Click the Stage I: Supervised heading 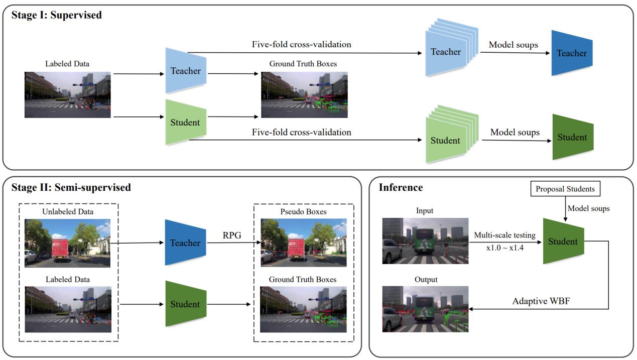point(56,15)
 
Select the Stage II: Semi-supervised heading point(71,188)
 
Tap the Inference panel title point(401,188)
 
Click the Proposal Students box point(565,189)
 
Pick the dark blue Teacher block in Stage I point(572,53)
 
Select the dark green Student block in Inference point(563,242)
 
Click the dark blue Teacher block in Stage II point(185,243)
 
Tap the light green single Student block point(185,123)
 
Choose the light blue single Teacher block point(185,71)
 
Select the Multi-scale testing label point(504,235)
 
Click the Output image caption point(426,279)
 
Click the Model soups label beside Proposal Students point(588,208)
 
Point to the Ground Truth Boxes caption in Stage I point(303,64)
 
